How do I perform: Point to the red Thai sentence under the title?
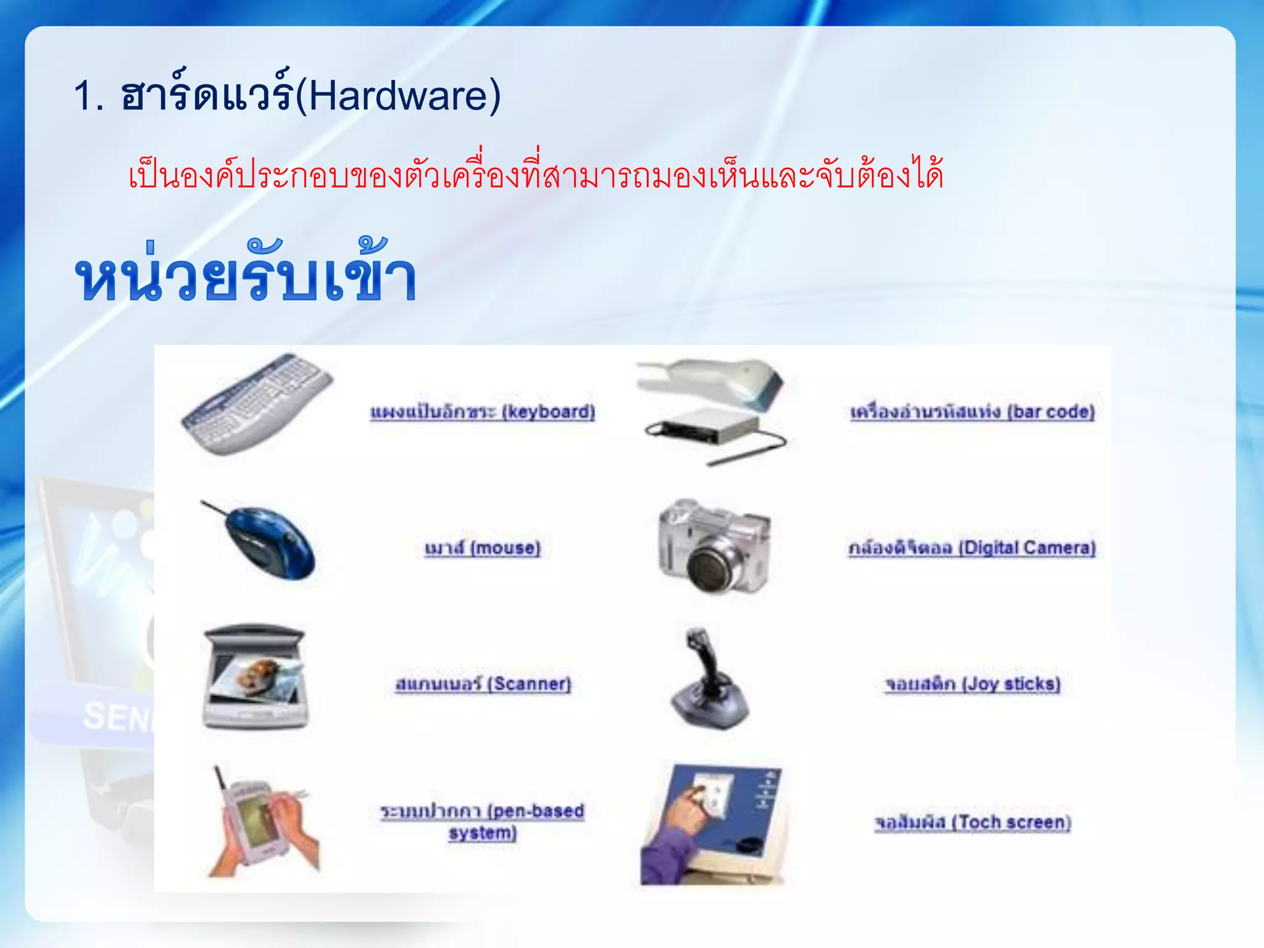tap(536, 173)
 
